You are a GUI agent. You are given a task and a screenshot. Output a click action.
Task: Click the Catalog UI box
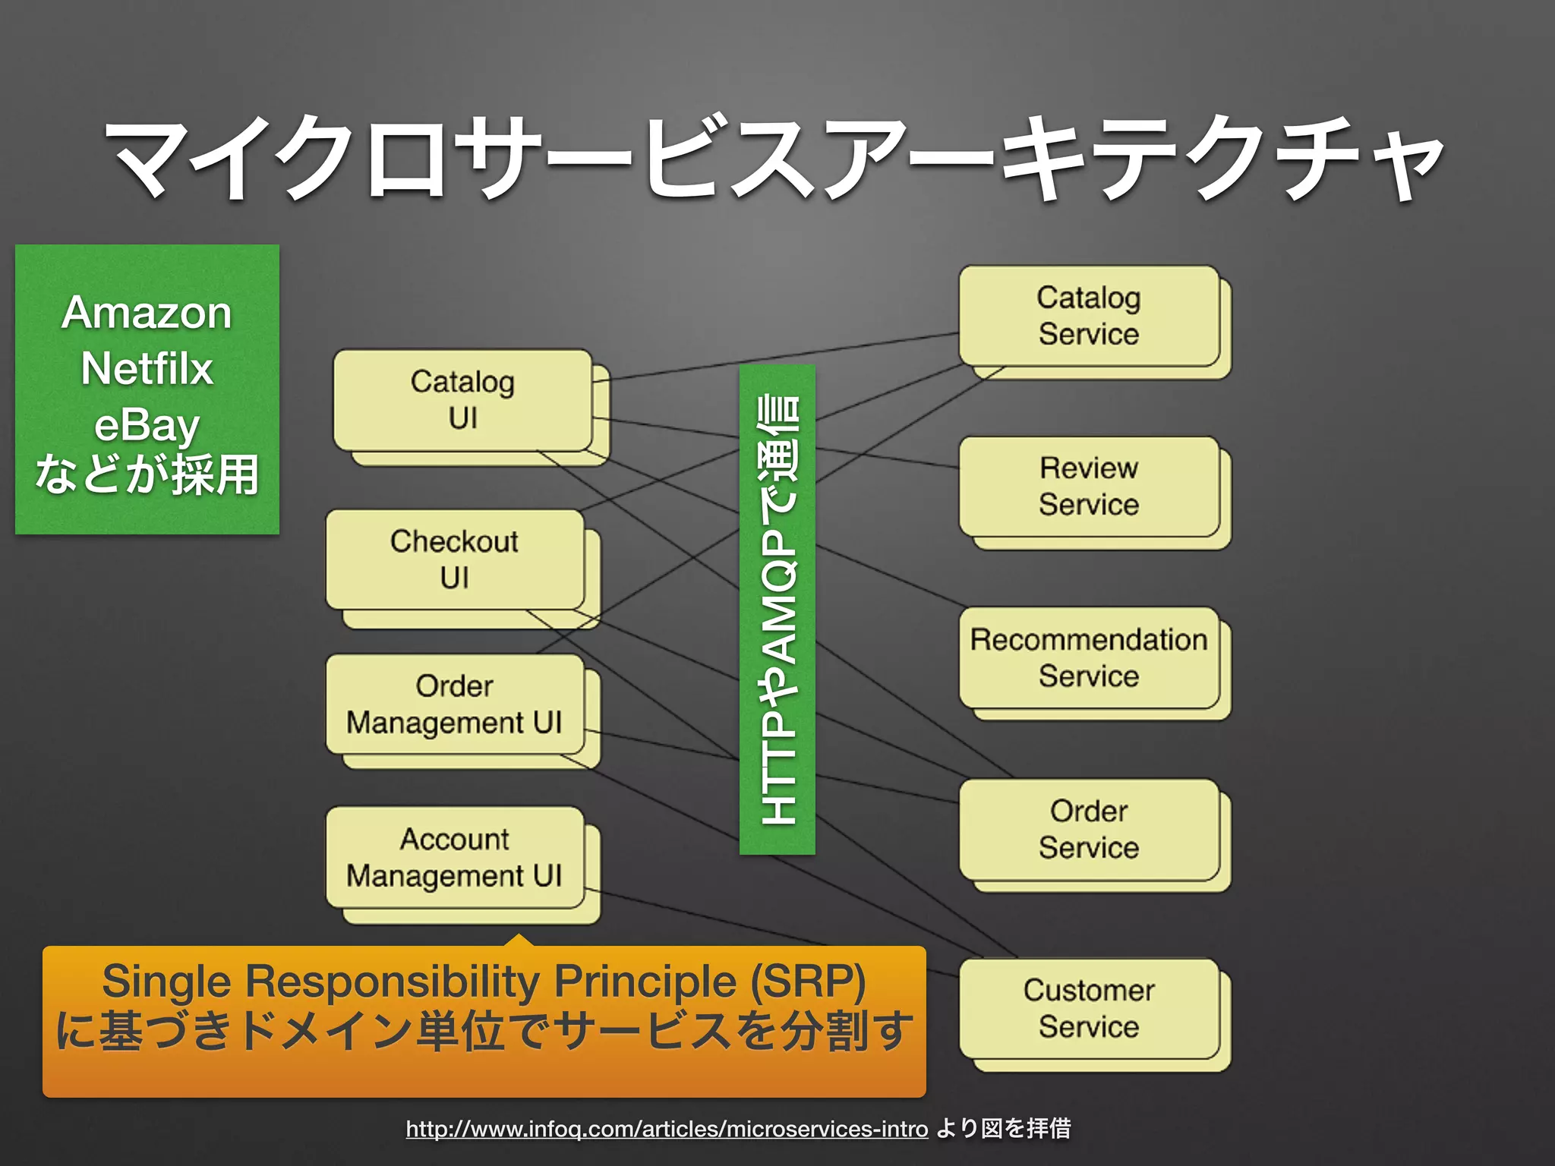pos(462,400)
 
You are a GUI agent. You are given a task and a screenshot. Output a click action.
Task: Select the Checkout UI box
pos(454,559)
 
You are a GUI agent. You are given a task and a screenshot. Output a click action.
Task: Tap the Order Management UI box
pos(454,704)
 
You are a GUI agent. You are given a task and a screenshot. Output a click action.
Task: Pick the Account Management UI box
pos(454,858)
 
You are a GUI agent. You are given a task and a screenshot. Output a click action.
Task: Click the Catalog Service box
pos(1088,316)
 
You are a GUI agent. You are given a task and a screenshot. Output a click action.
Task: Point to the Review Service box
pos(1088,487)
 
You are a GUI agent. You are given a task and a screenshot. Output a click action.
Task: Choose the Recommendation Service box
pos(1088,658)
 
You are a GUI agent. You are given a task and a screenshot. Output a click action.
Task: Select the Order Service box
pos(1088,830)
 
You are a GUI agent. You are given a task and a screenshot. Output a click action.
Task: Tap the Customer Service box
pos(1088,1009)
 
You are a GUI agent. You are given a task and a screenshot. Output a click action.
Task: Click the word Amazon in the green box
pos(147,313)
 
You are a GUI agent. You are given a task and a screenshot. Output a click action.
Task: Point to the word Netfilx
pos(147,369)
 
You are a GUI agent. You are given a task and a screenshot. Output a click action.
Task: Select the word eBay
pos(147,425)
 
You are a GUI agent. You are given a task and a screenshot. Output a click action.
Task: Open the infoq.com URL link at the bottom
pos(667,1129)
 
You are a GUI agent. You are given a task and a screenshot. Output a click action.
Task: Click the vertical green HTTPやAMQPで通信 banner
pos(777,609)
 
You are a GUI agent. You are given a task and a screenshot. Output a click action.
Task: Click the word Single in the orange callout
pos(166,981)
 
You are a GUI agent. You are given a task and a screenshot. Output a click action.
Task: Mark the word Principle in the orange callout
pos(645,981)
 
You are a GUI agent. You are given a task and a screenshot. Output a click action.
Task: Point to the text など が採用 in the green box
pos(147,476)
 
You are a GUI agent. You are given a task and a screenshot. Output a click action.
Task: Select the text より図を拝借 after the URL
pos(1003,1129)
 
